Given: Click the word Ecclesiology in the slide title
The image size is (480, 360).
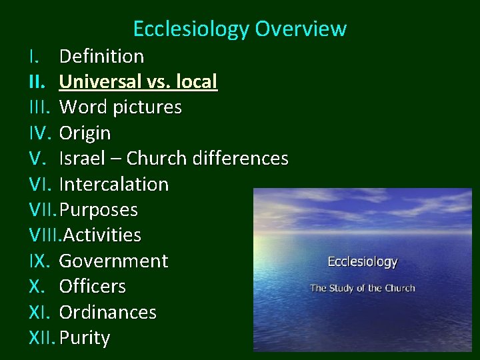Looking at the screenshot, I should [x=191, y=29].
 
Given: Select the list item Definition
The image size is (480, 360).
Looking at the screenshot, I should [x=101, y=56].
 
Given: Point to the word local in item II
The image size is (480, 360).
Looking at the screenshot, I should [x=197, y=82].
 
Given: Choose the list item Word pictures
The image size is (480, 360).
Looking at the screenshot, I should [x=120, y=107].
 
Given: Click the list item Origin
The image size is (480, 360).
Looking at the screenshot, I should [x=85, y=133].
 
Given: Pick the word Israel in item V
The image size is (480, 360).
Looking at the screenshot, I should [x=81, y=159].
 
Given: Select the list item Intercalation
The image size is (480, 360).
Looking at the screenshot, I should [x=113, y=184].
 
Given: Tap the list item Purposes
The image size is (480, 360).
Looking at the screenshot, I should [x=99, y=210].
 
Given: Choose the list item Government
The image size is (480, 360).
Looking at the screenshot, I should [x=113, y=261].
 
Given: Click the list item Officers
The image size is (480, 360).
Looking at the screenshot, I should [x=92, y=287].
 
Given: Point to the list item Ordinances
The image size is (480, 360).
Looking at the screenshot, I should [x=107, y=312].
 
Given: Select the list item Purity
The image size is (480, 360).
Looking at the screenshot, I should [x=84, y=338].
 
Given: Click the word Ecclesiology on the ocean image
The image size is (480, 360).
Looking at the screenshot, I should [x=363, y=262].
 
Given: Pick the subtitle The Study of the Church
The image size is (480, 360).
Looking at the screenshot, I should [x=363, y=288].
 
